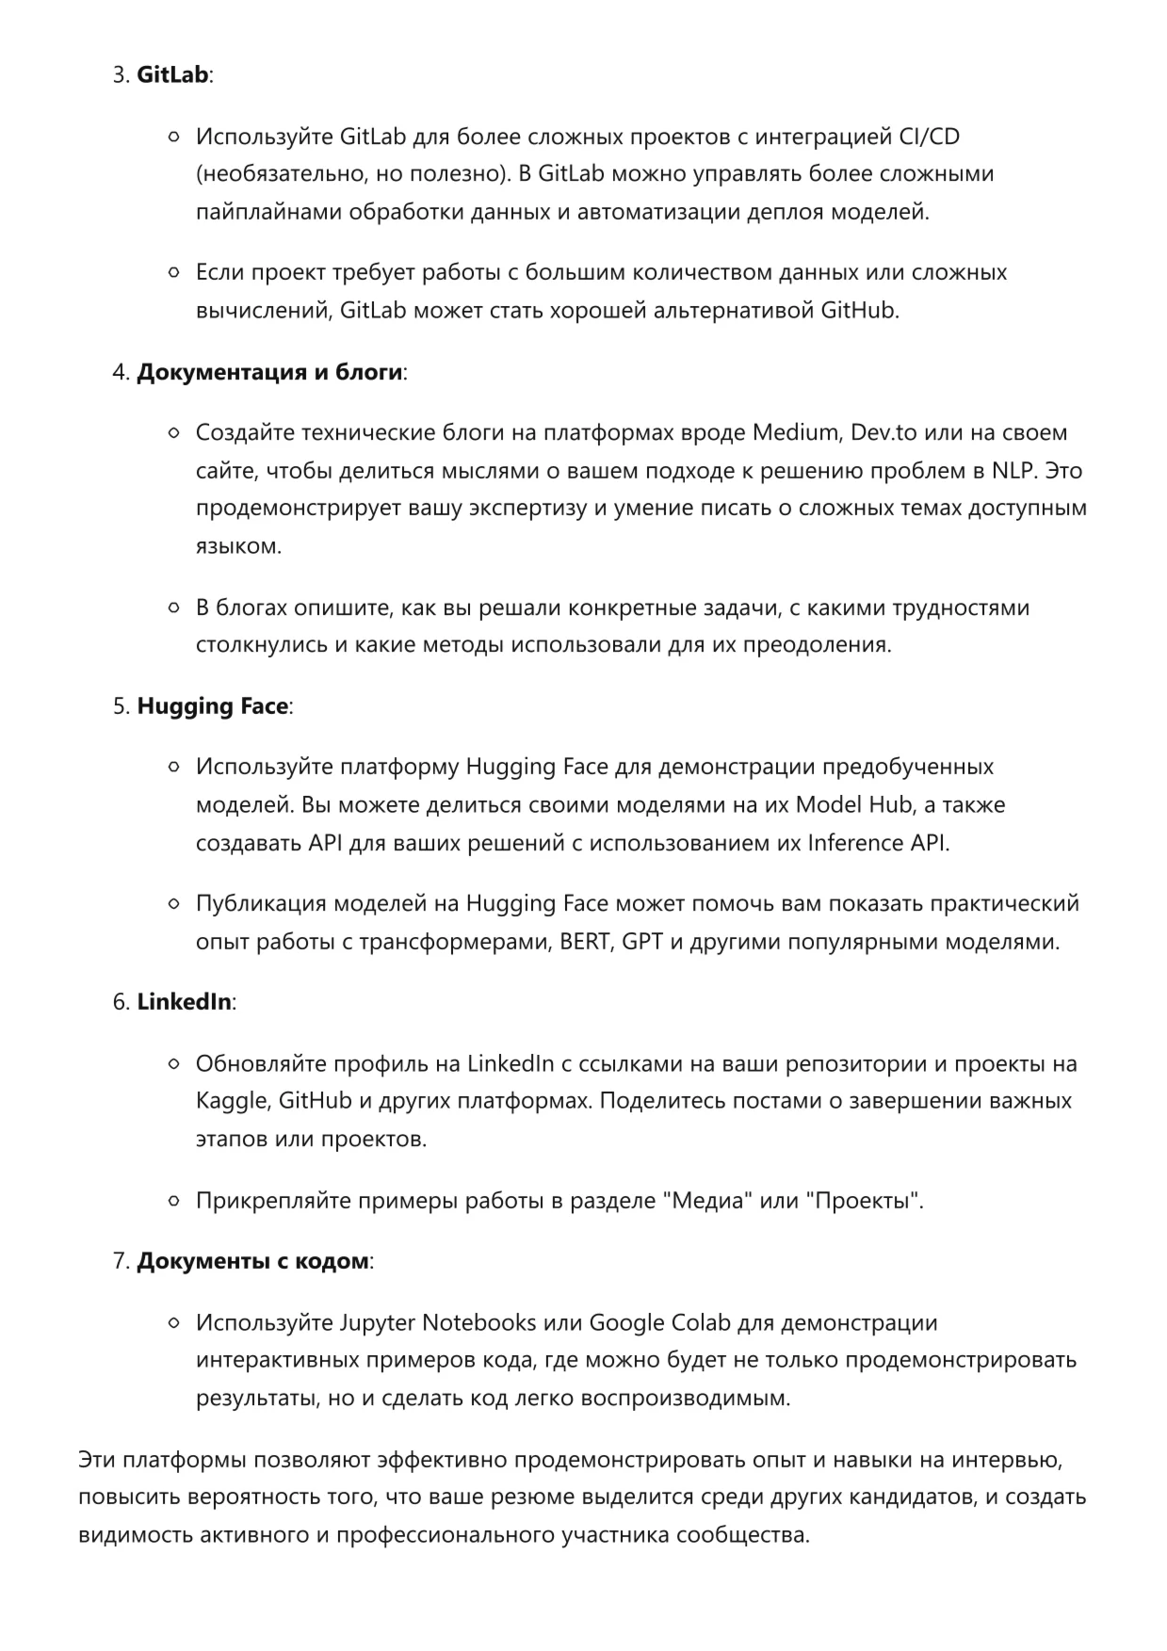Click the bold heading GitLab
coord(172,75)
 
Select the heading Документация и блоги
coord(270,372)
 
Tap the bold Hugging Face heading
coord(213,706)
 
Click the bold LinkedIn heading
coord(184,1002)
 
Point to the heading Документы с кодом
coord(252,1261)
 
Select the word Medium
coord(795,433)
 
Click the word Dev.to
coord(883,433)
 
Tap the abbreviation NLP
coord(1014,471)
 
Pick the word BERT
coord(584,942)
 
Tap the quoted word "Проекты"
coord(865,1201)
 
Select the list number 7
coord(120,1261)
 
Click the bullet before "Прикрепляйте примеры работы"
coord(173,1202)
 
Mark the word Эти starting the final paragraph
coord(97,1460)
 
